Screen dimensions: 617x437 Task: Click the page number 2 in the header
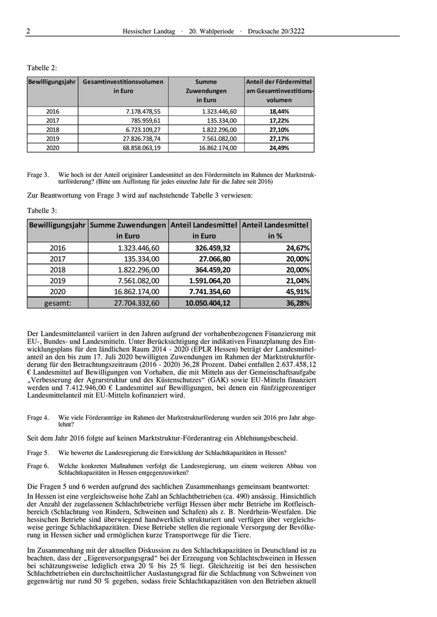point(29,31)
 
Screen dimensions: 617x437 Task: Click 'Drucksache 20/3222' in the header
point(285,31)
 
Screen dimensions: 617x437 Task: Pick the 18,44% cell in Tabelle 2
point(279,111)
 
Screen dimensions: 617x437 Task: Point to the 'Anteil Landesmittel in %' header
point(275,230)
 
